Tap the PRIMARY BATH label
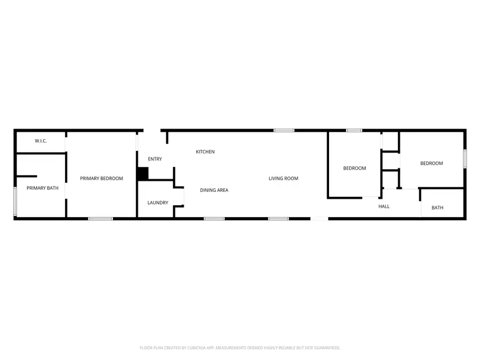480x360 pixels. click(39, 188)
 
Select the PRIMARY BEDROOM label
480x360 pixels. click(101, 178)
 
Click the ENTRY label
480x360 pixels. click(155, 159)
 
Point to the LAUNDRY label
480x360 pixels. click(158, 203)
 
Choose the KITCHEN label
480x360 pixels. click(205, 152)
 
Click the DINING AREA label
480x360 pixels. click(214, 190)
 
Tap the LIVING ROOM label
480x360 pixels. click(283, 178)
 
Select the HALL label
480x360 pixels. click(384, 206)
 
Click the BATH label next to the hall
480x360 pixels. click(437, 207)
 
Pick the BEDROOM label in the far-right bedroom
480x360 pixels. click(431, 163)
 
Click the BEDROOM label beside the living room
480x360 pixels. click(354, 168)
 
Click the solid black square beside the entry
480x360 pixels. click(142, 174)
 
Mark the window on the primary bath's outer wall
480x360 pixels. click(15, 201)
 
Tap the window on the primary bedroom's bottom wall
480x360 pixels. click(100, 218)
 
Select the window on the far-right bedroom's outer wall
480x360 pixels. click(465, 158)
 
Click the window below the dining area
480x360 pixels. click(214, 218)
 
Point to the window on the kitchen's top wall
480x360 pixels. click(284, 130)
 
